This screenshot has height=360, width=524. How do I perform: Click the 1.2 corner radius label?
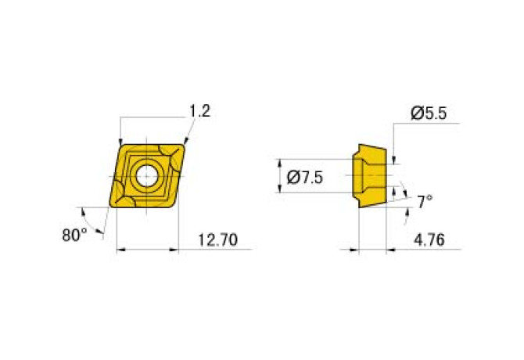[x=199, y=111]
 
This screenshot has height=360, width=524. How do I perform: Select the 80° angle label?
[x=74, y=234]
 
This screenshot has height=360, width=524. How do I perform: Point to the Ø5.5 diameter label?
[x=428, y=113]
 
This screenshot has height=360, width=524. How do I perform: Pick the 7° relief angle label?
[x=425, y=202]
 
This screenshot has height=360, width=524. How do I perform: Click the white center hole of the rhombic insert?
[x=145, y=176]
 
